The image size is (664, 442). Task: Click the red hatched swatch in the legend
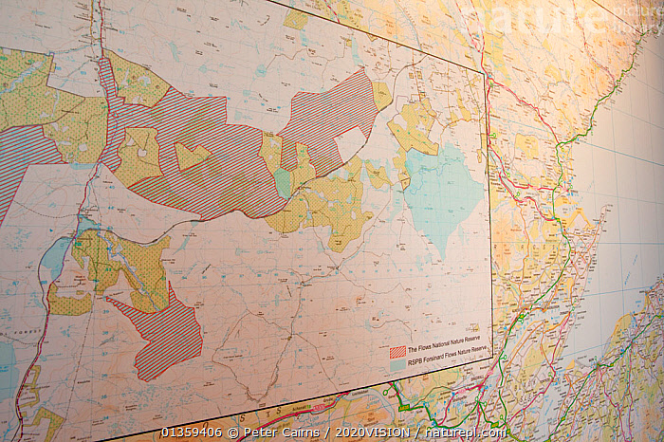click(x=397, y=351)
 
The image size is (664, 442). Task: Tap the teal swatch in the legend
click(x=397, y=364)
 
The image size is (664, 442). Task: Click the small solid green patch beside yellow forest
click(x=283, y=182)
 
